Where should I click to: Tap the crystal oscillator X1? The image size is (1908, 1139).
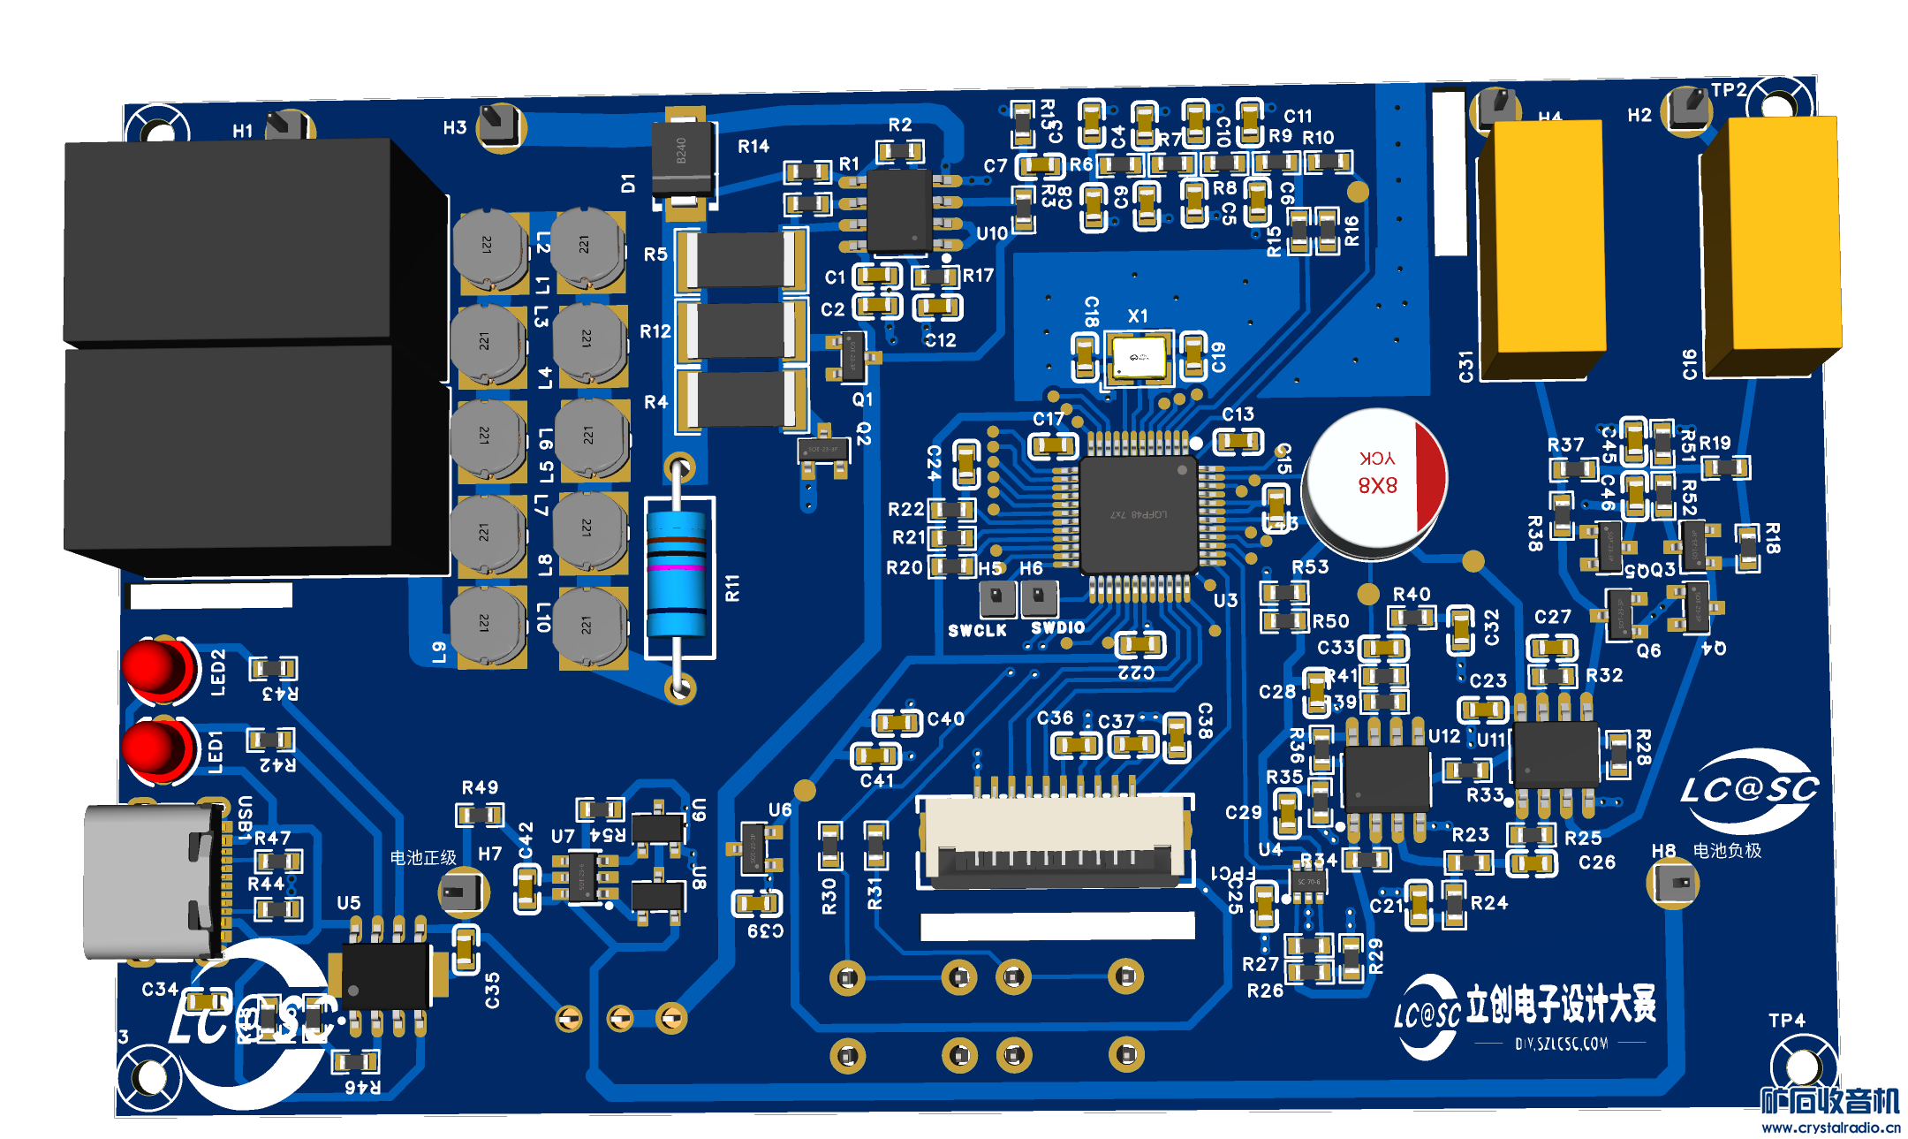click(1139, 358)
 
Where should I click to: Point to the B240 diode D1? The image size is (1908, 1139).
click(682, 160)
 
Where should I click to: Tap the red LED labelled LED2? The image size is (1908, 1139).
click(157, 668)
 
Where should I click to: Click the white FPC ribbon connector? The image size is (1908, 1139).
click(1056, 839)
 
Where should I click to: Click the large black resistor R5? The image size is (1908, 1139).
click(740, 260)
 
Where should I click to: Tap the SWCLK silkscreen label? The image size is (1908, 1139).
click(977, 630)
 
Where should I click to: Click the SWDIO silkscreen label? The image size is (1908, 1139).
click(1057, 627)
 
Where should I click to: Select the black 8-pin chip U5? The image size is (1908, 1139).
click(386, 976)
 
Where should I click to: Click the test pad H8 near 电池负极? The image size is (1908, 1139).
click(1673, 883)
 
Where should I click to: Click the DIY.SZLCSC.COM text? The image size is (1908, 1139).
click(1561, 1044)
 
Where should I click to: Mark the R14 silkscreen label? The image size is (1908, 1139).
click(753, 147)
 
